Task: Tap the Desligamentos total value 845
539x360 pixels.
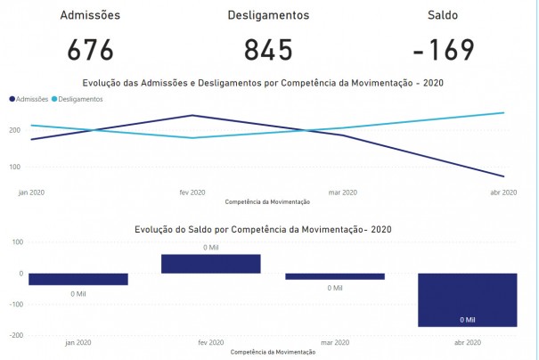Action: click(x=268, y=50)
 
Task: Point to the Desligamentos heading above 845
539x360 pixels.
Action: click(x=268, y=15)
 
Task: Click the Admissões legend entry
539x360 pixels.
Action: click(x=29, y=99)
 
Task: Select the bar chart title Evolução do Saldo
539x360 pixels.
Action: click(x=263, y=229)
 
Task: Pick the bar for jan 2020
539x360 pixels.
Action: click(x=78, y=279)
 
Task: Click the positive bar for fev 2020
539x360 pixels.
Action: click(x=211, y=264)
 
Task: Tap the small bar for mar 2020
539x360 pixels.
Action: click(x=335, y=276)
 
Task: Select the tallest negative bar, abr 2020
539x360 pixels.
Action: click(x=467, y=299)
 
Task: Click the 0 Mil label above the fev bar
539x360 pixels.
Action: click(x=211, y=247)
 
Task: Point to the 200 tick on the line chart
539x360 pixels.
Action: click(x=13, y=130)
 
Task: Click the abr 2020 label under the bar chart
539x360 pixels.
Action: click(x=467, y=342)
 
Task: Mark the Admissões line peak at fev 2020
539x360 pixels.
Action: click(x=192, y=115)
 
